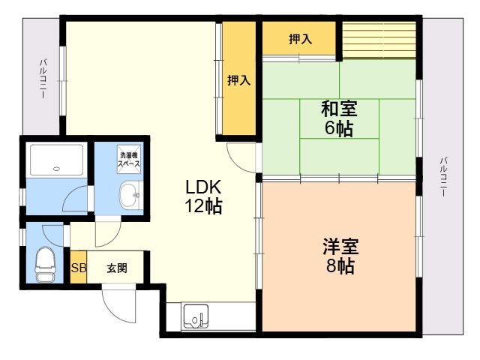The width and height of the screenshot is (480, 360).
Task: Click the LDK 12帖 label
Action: coord(203,197)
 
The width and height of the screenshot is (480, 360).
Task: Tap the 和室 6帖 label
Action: coord(339,118)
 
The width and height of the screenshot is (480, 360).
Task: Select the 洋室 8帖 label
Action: coord(340,256)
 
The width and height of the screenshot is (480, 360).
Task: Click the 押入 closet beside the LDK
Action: coord(239,79)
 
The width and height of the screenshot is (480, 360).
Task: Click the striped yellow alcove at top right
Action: coord(379,38)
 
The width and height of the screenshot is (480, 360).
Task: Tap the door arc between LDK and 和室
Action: coord(241,154)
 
